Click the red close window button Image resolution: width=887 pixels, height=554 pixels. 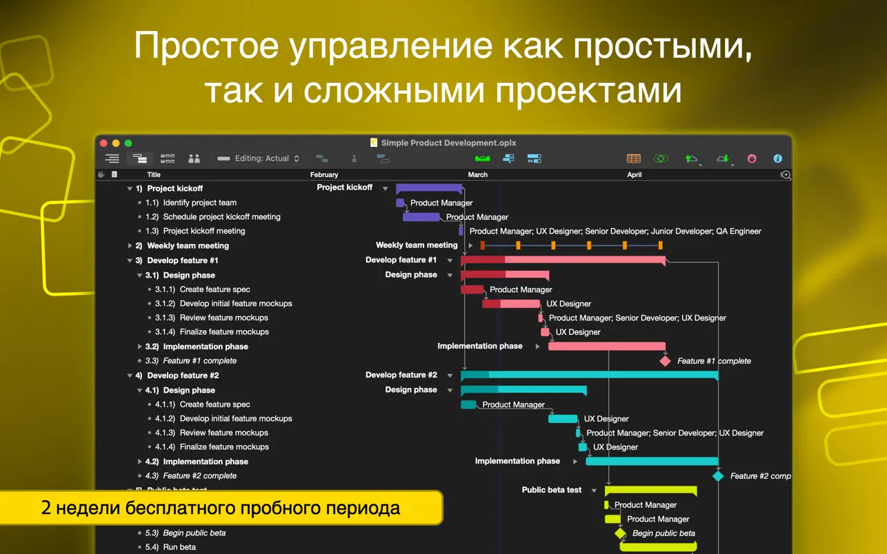[103, 143]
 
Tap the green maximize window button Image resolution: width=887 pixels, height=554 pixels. [128, 143]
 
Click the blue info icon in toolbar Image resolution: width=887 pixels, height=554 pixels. [778, 158]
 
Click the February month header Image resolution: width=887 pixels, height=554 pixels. [324, 174]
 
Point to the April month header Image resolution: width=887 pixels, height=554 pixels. [634, 174]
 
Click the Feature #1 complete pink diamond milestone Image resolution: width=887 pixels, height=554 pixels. [665, 361]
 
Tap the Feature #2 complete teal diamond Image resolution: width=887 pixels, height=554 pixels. [718, 476]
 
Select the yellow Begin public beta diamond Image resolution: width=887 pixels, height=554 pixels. [620, 533]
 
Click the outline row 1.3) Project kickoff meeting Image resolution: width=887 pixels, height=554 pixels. [195, 231]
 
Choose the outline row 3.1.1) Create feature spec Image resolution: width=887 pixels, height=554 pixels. [202, 289]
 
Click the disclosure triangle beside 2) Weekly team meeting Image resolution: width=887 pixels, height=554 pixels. [130, 246]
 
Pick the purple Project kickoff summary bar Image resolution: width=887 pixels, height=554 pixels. [429, 188]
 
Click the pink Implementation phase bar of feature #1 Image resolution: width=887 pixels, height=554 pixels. [607, 346]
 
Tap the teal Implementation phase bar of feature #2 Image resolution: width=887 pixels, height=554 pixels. [652, 461]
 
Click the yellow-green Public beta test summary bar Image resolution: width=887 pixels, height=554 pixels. [650, 491]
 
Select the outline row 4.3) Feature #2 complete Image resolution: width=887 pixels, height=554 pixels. [191, 475]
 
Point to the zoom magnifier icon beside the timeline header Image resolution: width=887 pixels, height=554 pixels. [786, 175]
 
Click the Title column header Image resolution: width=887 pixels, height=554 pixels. [154, 174]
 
